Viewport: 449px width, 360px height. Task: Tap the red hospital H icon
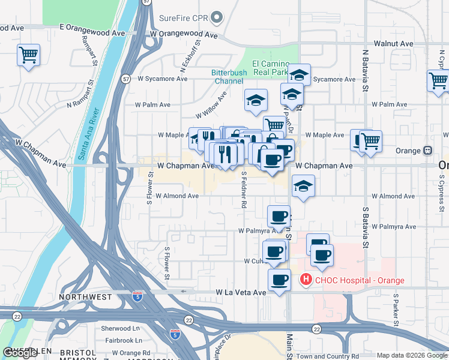[306, 280]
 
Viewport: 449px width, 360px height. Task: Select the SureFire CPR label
[183, 17]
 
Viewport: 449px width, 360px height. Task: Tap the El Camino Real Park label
[271, 68]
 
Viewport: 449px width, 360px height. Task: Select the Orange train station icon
[428, 150]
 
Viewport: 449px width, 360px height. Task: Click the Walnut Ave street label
[393, 44]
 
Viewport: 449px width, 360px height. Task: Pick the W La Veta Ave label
[241, 292]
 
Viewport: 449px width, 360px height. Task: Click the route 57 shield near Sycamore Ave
[125, 79]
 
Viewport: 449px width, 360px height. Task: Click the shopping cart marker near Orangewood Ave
[28, 56]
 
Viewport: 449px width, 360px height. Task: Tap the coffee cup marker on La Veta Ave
[279, 280]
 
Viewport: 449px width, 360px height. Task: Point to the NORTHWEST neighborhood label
[85, 297]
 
